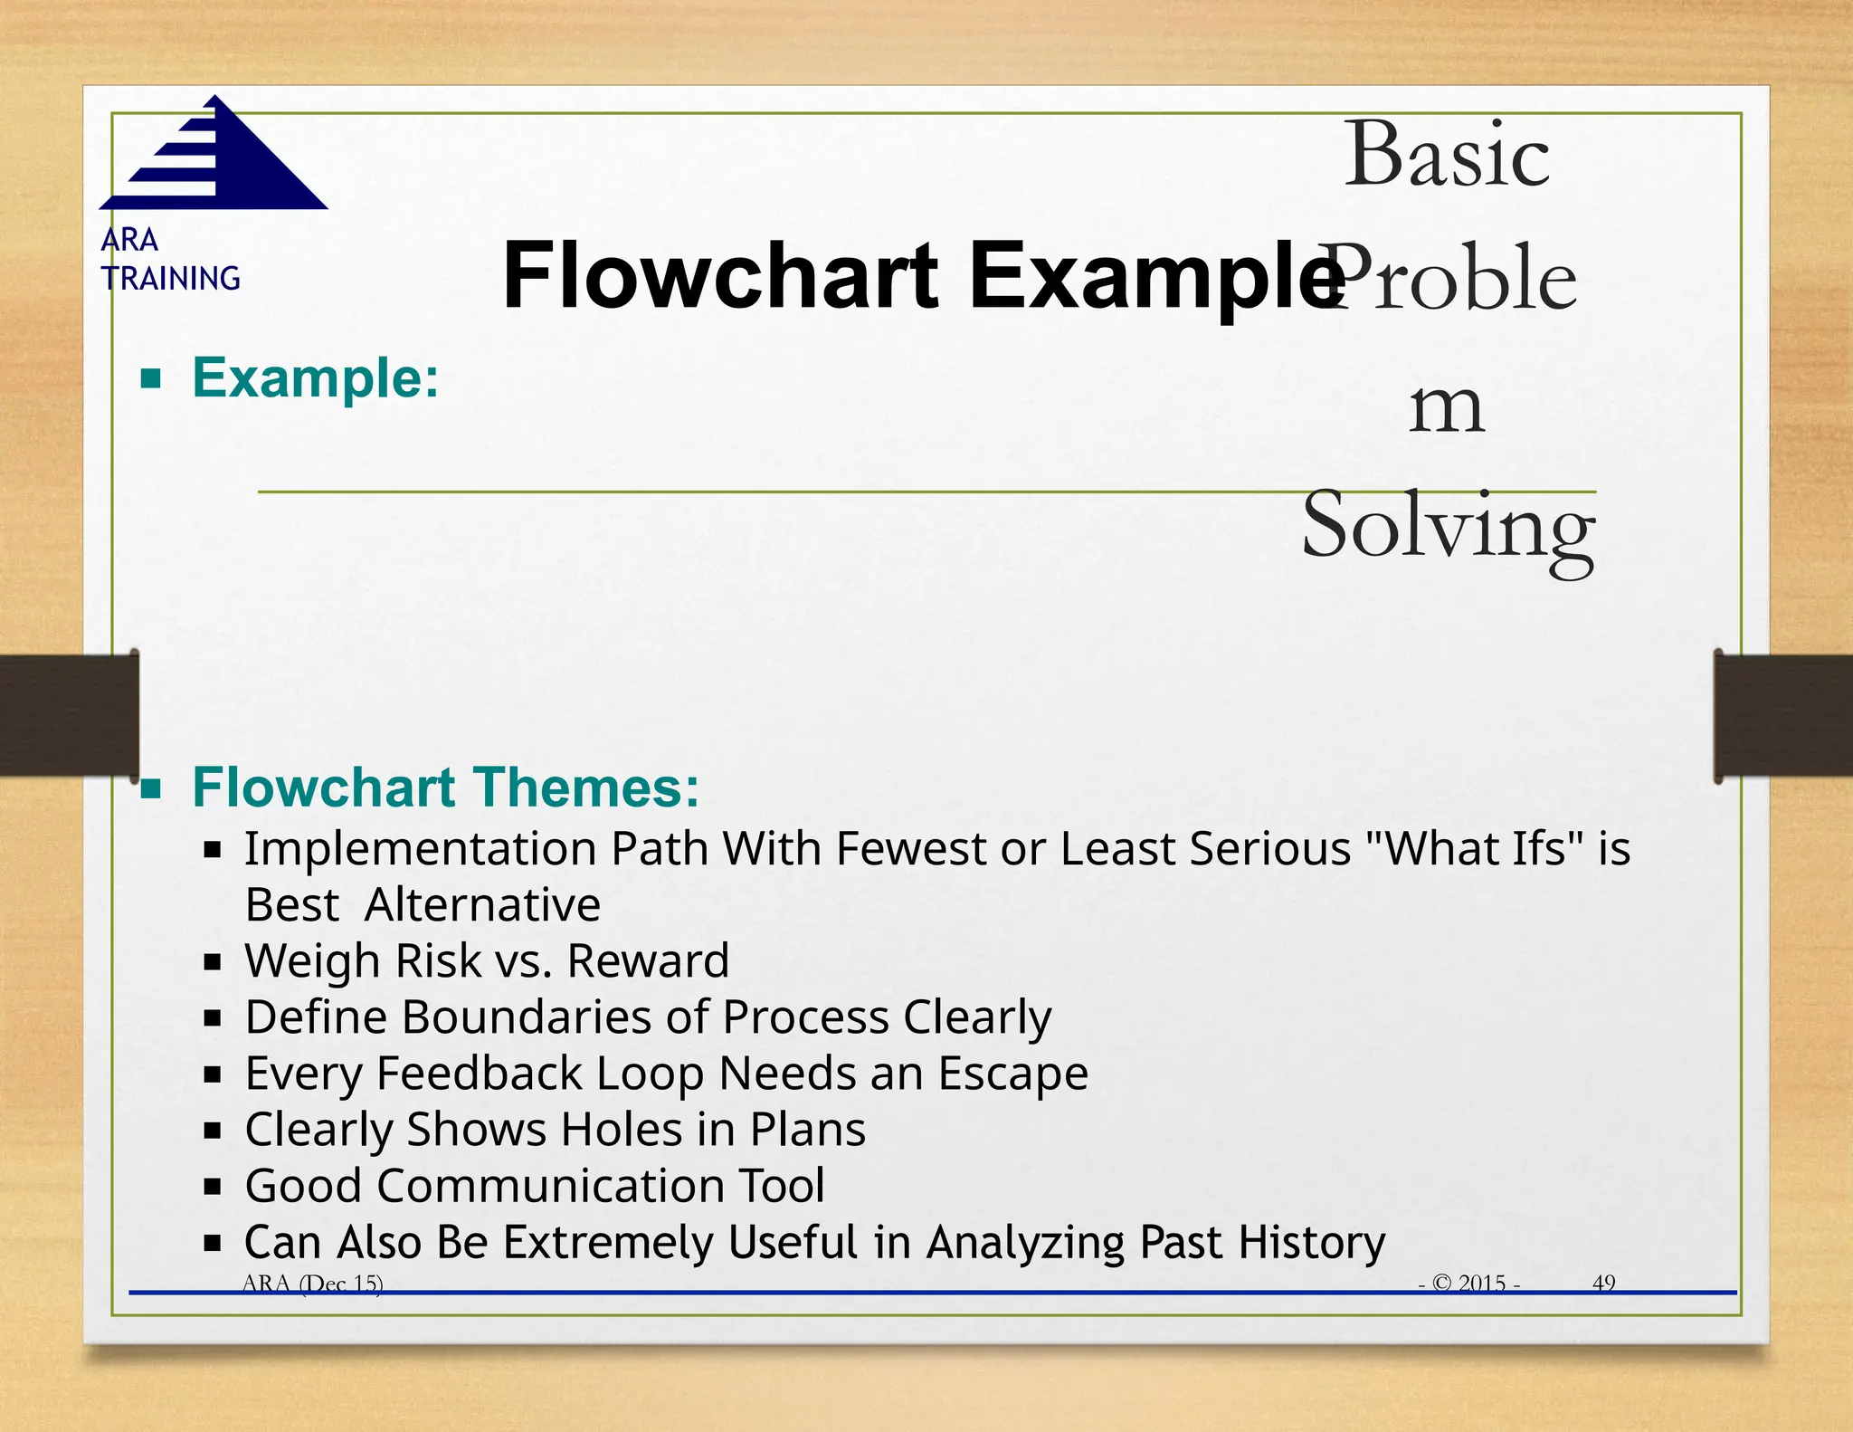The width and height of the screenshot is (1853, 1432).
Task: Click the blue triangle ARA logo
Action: pos(217,159)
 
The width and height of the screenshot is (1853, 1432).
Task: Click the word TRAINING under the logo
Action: pos(171,278)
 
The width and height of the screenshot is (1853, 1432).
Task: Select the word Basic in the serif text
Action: pos(1446,155)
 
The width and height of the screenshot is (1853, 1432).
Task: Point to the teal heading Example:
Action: pos(315,377)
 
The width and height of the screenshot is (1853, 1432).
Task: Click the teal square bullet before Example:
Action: pos(151,377)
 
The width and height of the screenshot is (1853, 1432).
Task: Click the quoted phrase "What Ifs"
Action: pos(1475,849)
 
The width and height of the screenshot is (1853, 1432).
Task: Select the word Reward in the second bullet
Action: pos(648,960)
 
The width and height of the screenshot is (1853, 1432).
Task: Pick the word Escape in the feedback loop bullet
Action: pos(1012,1074)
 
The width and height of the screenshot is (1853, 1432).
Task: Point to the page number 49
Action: pos(1603,1283)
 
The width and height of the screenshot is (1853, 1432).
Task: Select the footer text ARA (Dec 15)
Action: pos(312,1283)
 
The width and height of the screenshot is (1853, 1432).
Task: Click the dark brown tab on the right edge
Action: pos(1782,715)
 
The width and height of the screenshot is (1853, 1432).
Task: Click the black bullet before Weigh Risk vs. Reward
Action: pos(213,961)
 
